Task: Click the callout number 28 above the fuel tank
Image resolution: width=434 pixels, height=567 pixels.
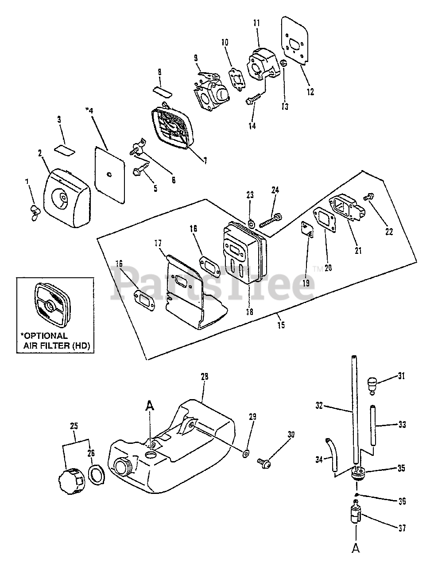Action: tap(204, 377)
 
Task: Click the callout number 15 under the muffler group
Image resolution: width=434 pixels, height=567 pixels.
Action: tap(281, 325)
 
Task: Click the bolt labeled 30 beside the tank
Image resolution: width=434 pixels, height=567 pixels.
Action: tap(264, 462)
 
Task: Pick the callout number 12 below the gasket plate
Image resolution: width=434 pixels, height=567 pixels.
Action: tap(310, 92)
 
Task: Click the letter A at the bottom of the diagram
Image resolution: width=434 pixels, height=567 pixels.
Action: tap(356, 548)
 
